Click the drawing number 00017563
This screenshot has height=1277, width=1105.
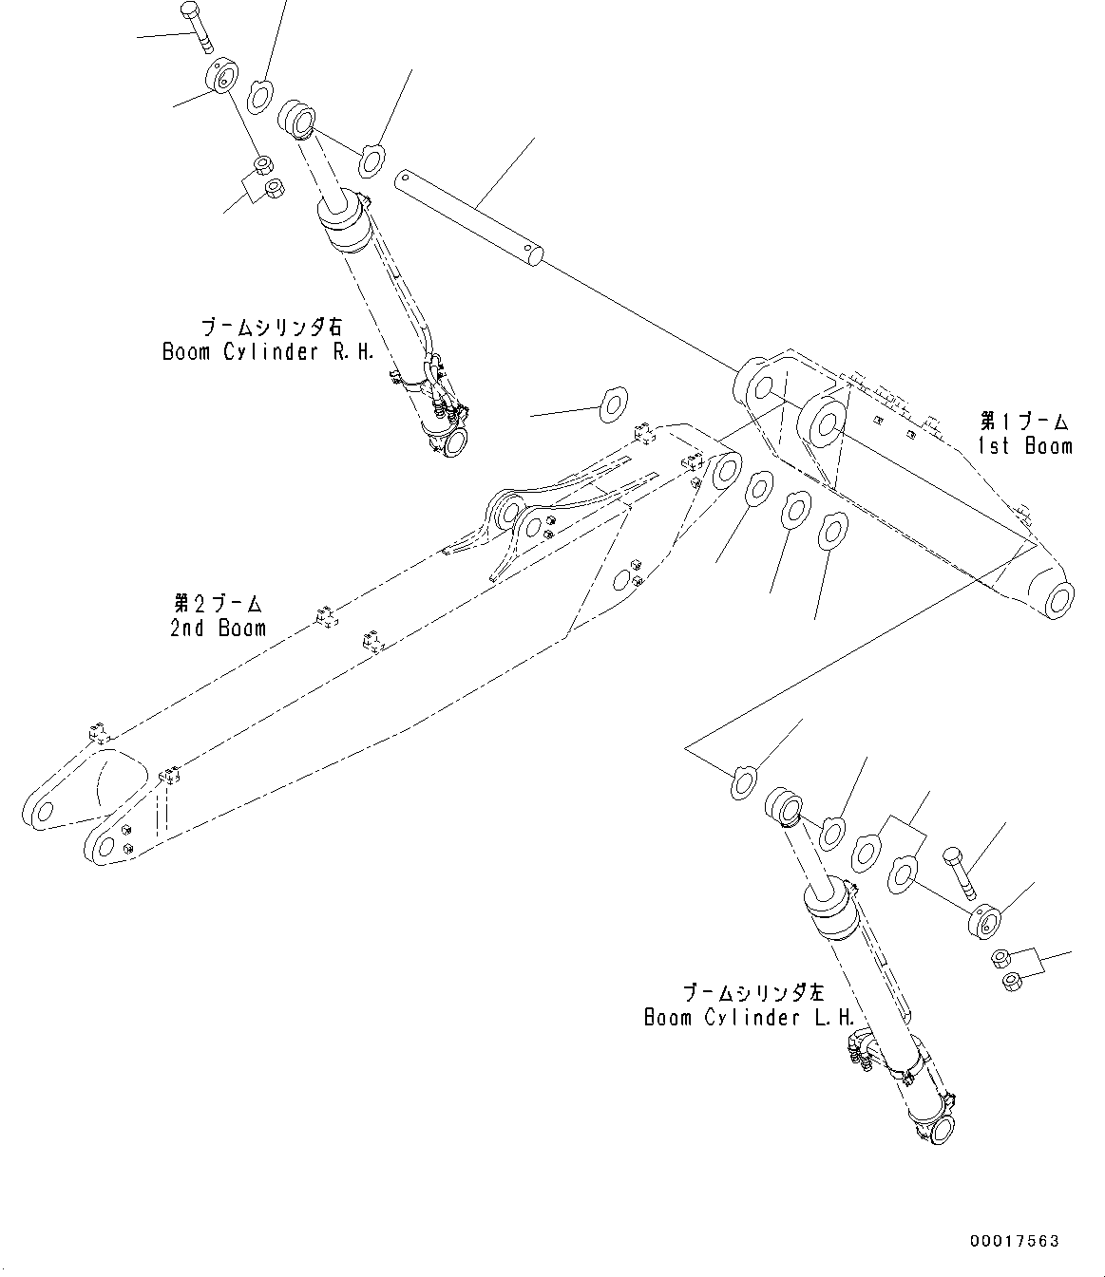1014,1241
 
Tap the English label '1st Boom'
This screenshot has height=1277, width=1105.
1025,445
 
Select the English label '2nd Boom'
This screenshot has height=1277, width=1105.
218,628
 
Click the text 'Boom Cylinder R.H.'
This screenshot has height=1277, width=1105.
269,351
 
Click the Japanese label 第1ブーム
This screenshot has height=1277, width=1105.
1025,421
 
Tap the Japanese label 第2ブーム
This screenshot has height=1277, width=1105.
218,603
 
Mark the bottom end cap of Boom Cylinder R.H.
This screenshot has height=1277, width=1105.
452,440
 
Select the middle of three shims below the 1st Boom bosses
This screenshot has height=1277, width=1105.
795,511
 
